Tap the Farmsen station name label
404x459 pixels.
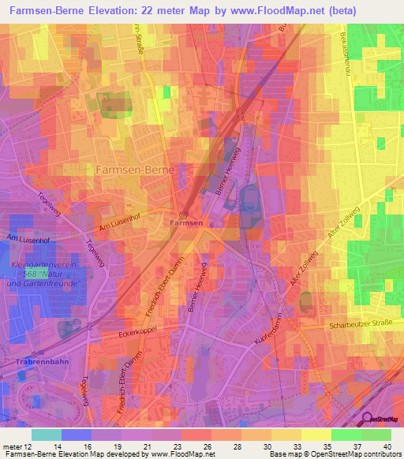[x=187, y=224]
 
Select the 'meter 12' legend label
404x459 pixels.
[x=17, y=446]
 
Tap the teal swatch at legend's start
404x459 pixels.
[x=46, y=435]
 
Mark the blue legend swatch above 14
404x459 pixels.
[x=76, y=435]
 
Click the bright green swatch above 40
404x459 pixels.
[x=376, y=435]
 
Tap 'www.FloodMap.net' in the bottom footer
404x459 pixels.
[x=183, y=454]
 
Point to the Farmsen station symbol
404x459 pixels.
[x=184, y=214]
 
